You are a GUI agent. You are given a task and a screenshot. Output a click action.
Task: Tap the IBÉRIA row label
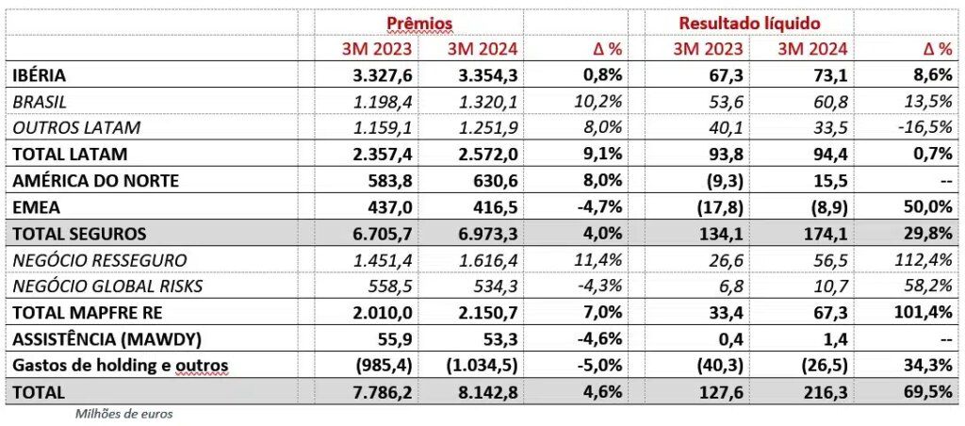[x=40, y=74]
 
